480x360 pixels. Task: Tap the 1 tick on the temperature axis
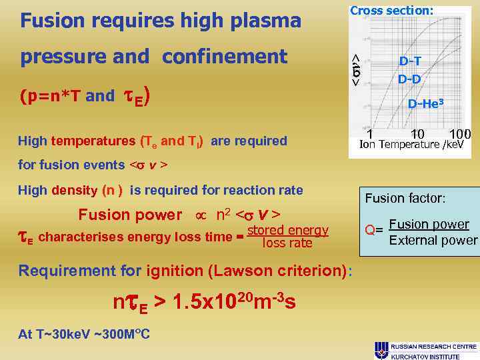[x=369, y=135]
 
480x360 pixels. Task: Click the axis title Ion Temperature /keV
[x=412, y=145]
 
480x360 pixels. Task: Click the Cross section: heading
[x=392, y=10]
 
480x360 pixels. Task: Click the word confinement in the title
[x=224, y=57]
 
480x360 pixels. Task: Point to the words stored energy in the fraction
[x=287, y=231]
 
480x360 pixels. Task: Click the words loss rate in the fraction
[x=287, y=243]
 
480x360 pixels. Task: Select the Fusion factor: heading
[x=405, y=198]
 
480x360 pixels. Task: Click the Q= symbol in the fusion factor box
[x=374, y=231]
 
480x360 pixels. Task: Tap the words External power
[x=433, y=240]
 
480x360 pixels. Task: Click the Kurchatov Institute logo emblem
[x=382, y=349]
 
